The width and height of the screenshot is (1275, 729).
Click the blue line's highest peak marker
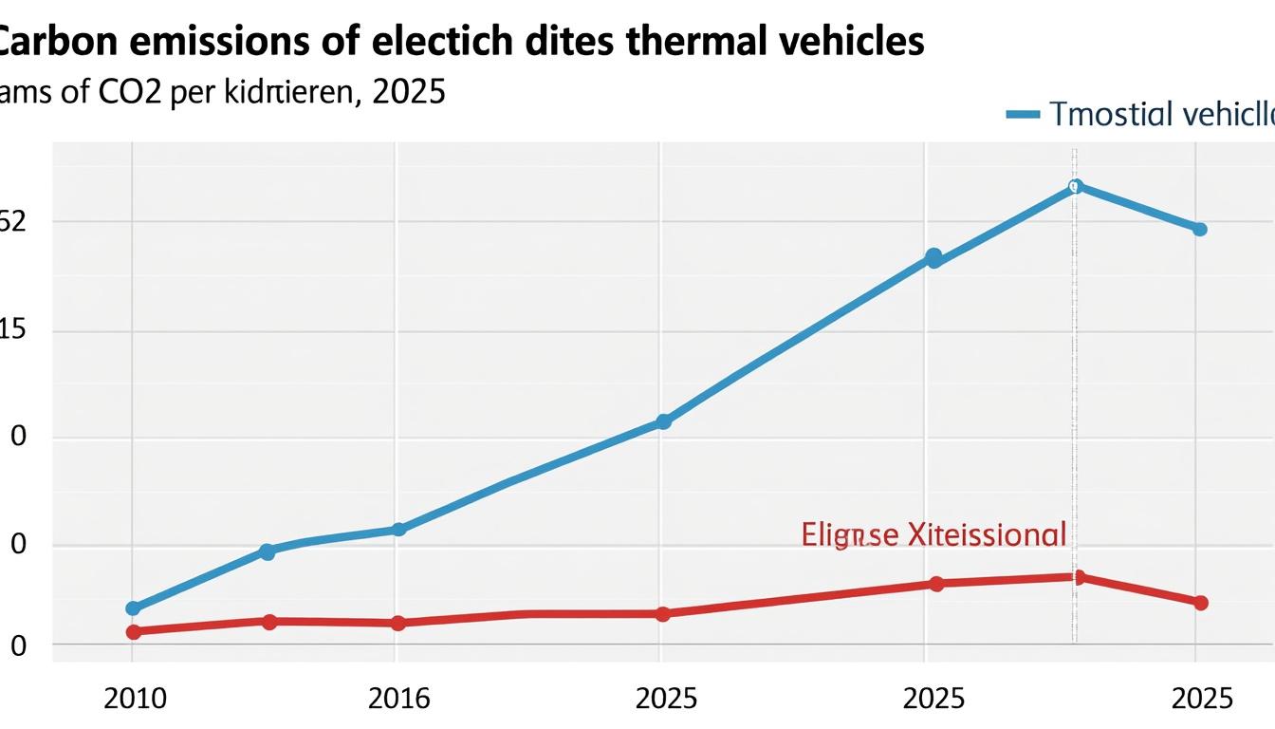1074,186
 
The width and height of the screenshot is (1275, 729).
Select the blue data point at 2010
133,607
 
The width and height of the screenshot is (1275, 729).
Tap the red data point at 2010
133,631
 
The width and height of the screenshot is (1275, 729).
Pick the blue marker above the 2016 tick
398,529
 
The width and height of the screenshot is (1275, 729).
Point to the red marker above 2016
398,623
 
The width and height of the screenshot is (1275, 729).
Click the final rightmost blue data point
1199,229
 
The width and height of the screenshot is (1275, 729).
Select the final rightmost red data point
1200,602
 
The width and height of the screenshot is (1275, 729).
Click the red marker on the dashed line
1078,577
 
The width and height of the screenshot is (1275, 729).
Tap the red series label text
933,534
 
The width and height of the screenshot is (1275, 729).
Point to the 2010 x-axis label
135,699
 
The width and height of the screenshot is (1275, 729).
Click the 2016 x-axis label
398,699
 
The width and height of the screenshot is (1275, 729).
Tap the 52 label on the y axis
11,221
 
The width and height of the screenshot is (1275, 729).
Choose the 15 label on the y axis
11,330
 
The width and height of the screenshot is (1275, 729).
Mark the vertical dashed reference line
1074,380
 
